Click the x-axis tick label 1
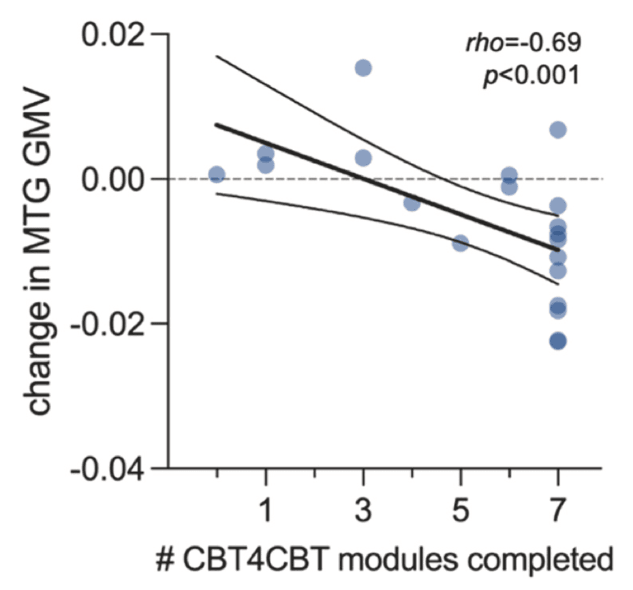266,510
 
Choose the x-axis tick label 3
363,510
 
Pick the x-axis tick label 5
461,510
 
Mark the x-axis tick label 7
558,510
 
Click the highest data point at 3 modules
363,67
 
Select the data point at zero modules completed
217,174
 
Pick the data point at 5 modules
461,243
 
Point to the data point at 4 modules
412,202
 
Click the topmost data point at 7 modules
558,130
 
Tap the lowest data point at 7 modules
558,341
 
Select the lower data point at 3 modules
363,158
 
